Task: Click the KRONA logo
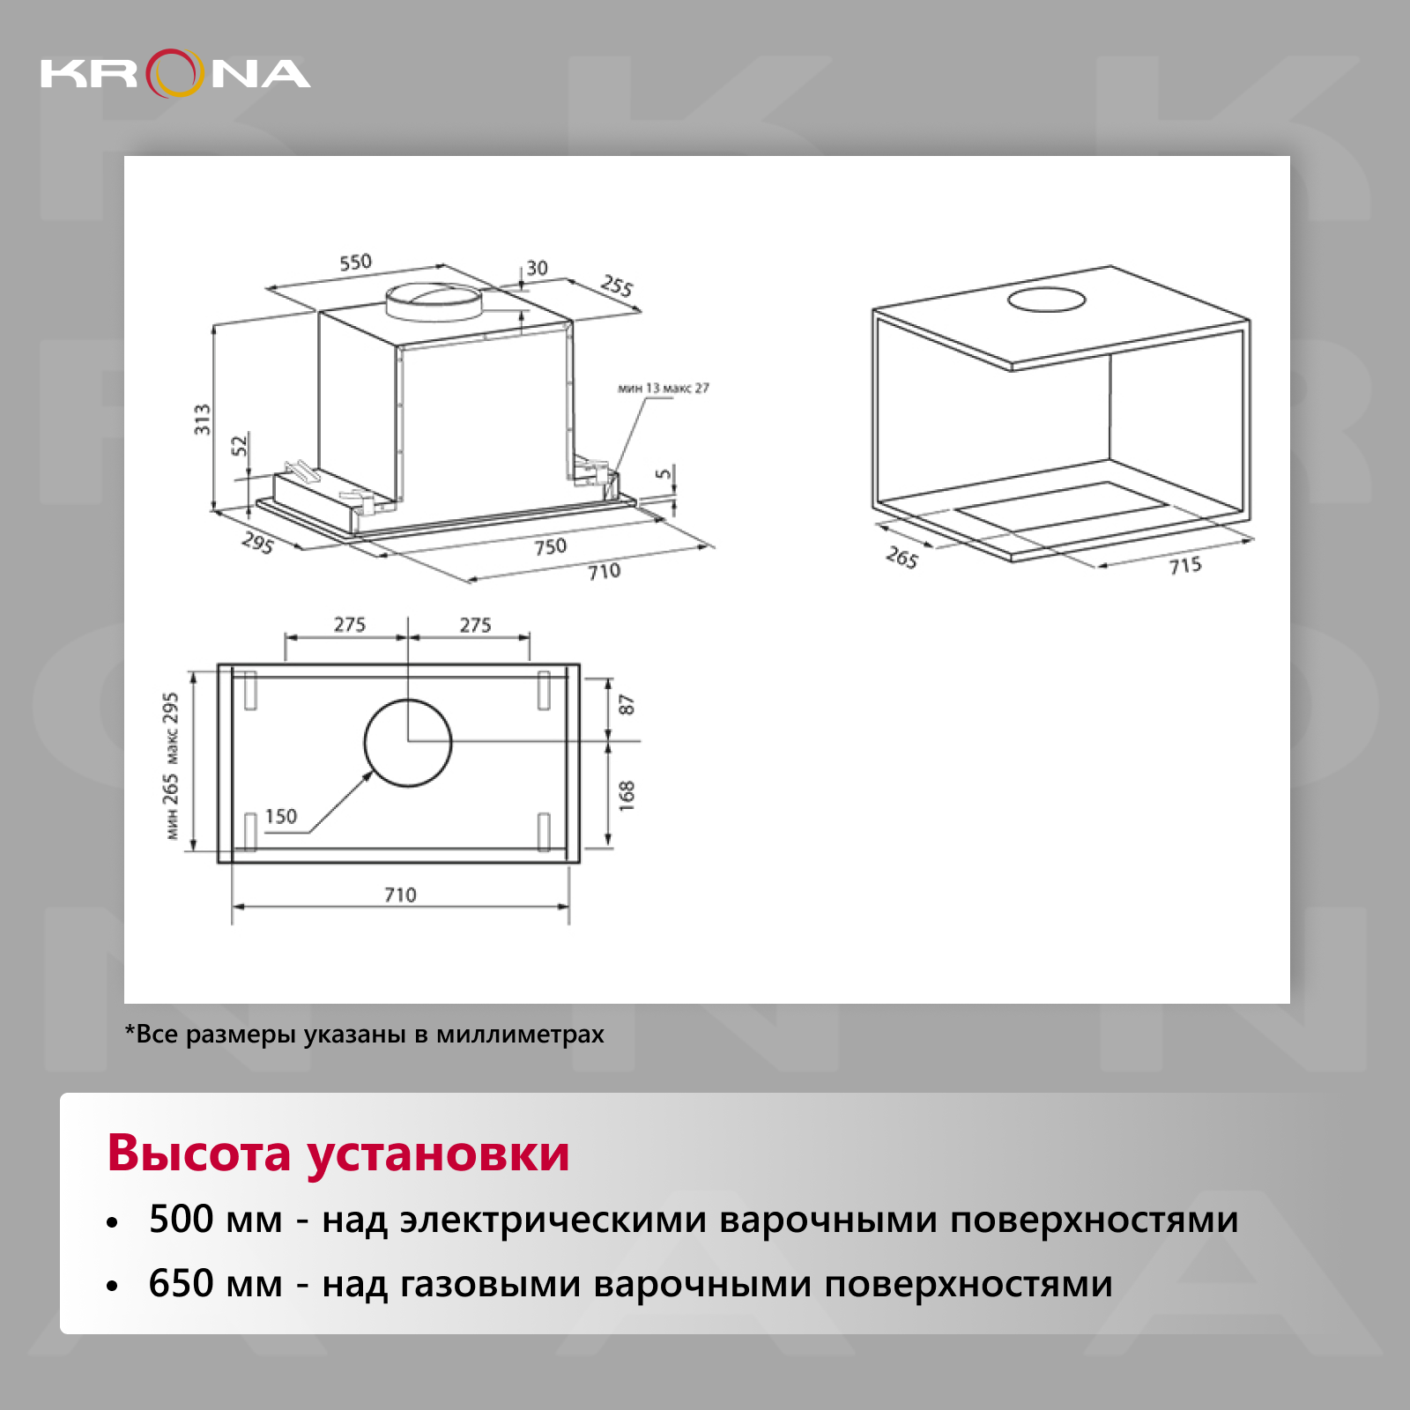coord(175,73)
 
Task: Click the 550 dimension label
coord(356,262)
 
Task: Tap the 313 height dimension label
coord(203,419)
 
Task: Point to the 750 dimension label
coord(551,546)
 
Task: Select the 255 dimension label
coord(617,286)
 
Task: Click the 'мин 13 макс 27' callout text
coord(664,388)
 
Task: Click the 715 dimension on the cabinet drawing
coord(1185,565)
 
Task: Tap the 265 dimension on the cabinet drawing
coord(902,557)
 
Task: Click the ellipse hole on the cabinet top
coord(1047,300)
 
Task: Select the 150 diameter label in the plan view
coord(281,816)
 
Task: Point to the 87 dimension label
coord(626,704)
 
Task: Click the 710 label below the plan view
coord(400,894)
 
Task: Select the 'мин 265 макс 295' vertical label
coord(170,765)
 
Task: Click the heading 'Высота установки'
coord(338,1153)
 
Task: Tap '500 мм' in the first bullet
coord(216,1220)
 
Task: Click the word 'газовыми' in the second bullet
coord(490,1285)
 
